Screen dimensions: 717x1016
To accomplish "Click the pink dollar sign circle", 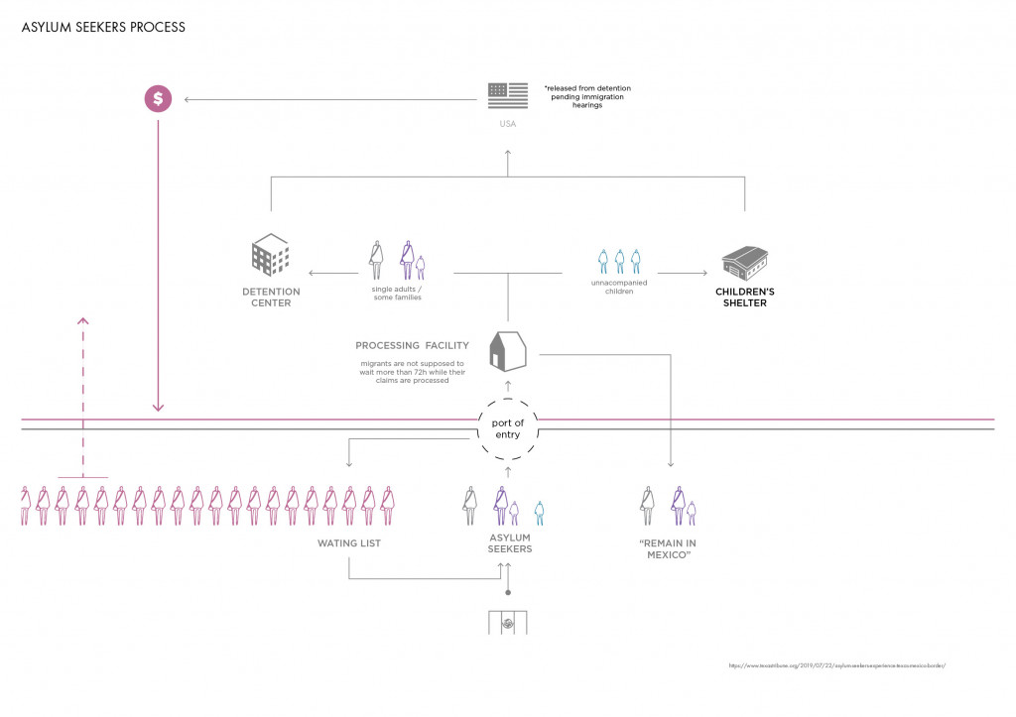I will [158, 98].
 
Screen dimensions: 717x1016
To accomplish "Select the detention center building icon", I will [270, 255].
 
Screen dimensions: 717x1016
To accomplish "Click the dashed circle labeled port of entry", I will [507, 429].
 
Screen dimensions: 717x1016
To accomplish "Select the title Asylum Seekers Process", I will [103, 27].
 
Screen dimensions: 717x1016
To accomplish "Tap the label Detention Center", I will [270, 298].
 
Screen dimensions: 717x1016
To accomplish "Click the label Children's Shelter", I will [745, 298].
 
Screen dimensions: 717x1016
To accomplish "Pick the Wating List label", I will [349, 543].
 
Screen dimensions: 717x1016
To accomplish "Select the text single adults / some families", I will [389, 294].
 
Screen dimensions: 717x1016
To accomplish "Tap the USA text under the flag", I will [507, 125].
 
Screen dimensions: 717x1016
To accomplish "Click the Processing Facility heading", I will [412, 346].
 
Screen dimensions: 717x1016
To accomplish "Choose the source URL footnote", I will [836, 665].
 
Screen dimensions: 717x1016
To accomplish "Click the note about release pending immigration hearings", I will [587, 96].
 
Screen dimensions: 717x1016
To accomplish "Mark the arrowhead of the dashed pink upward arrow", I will [83, 320].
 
